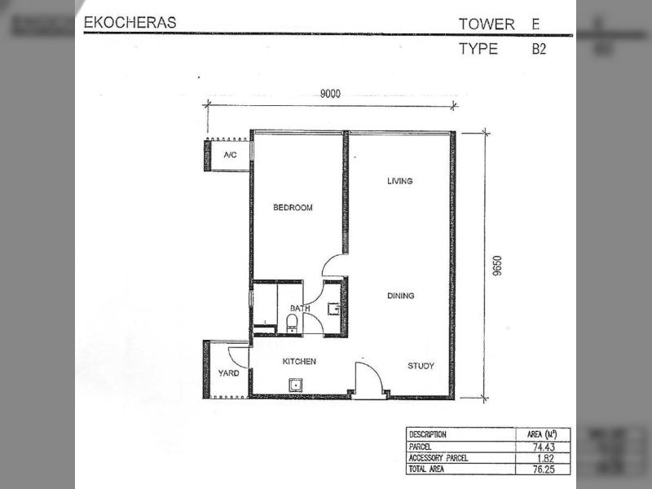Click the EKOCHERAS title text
point(130,23)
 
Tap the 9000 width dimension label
point(330,94)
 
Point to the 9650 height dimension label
point(497,267)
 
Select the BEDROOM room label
point(293,208)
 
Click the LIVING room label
point(400,181)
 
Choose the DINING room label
point(401,296)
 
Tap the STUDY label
point(421,366)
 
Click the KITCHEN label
point(299,361)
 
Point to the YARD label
point(229,373)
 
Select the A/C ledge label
point(231,155)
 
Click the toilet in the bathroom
point(292,324)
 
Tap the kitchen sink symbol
point(296,385)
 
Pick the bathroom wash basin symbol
point(334,309)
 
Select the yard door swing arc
point(233,355)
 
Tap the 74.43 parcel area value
point(544,447)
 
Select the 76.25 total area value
point(544,469)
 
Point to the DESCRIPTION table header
point(427,434)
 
